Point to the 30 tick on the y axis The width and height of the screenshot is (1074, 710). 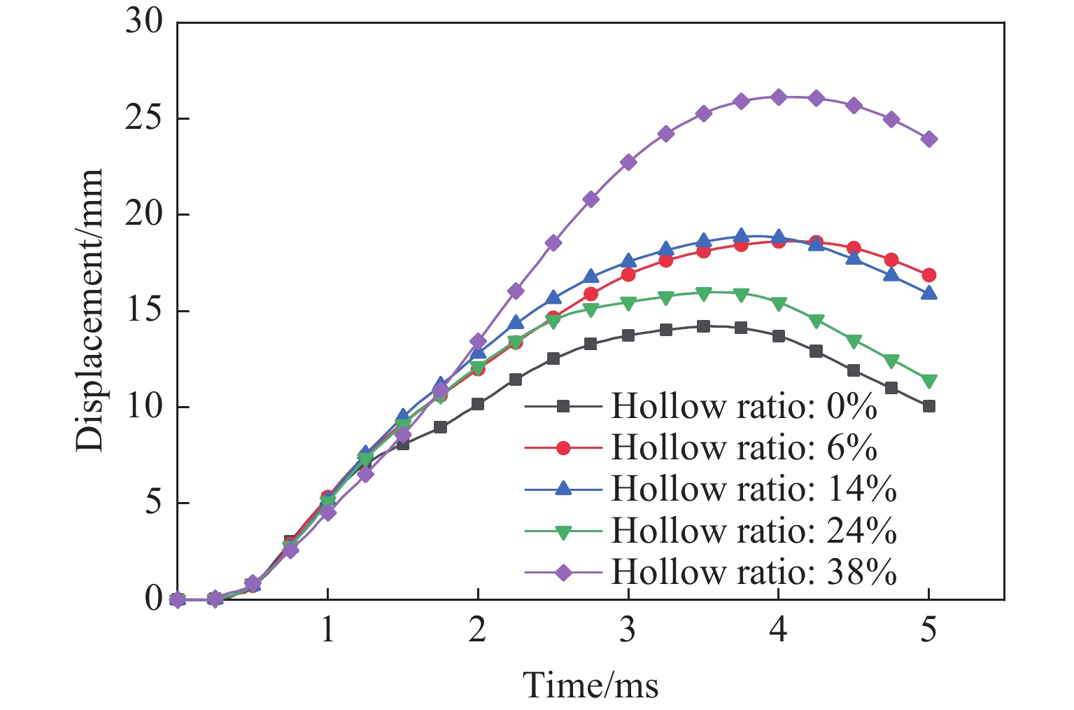pyautogui.click(x=144, y=22)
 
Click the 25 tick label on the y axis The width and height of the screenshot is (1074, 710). pyautogui.click(x=144, y=118)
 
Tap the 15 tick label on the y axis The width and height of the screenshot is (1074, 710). pyautogui.click(x=144, y=311)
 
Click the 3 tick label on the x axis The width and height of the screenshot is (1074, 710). pyautogui.click(x=628, y=630)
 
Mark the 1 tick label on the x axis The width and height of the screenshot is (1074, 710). pyautogui.click(x=327, y=630)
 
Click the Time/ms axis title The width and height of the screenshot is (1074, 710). pyautogui.click(x=591, y=684)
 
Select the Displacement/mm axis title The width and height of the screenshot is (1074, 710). pyautogui.click(x=90, y=310)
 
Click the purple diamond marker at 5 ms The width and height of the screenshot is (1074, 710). pyautogui.click(x=928, y=139)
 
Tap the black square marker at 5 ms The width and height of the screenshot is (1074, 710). pyautogui.click(x=928, y=406)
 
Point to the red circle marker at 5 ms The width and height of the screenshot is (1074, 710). pyautogui.click(x=928, y=275)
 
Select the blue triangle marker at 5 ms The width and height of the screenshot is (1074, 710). pyautogui.click(x=928, y=293)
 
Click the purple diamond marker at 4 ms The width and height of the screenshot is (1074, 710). pyautogui.click(x=778, y=97)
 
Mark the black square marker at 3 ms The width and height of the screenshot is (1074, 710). pyautogui.click(x=628, y=335)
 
